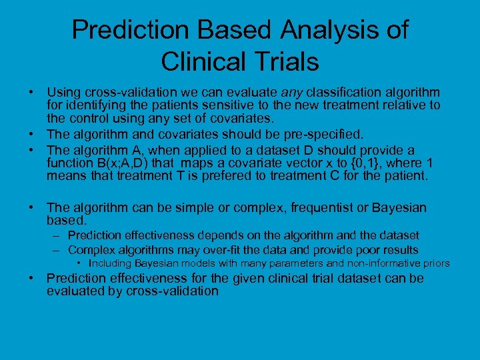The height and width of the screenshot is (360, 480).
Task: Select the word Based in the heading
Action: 231,30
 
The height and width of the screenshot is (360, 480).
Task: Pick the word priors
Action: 437,263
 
